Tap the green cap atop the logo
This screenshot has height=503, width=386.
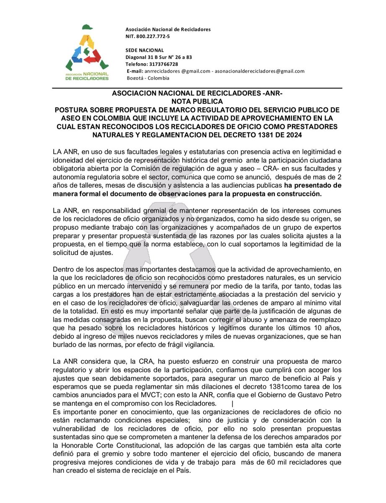pos(88,28)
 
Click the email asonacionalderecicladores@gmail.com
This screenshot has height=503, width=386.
pos(260,71)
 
